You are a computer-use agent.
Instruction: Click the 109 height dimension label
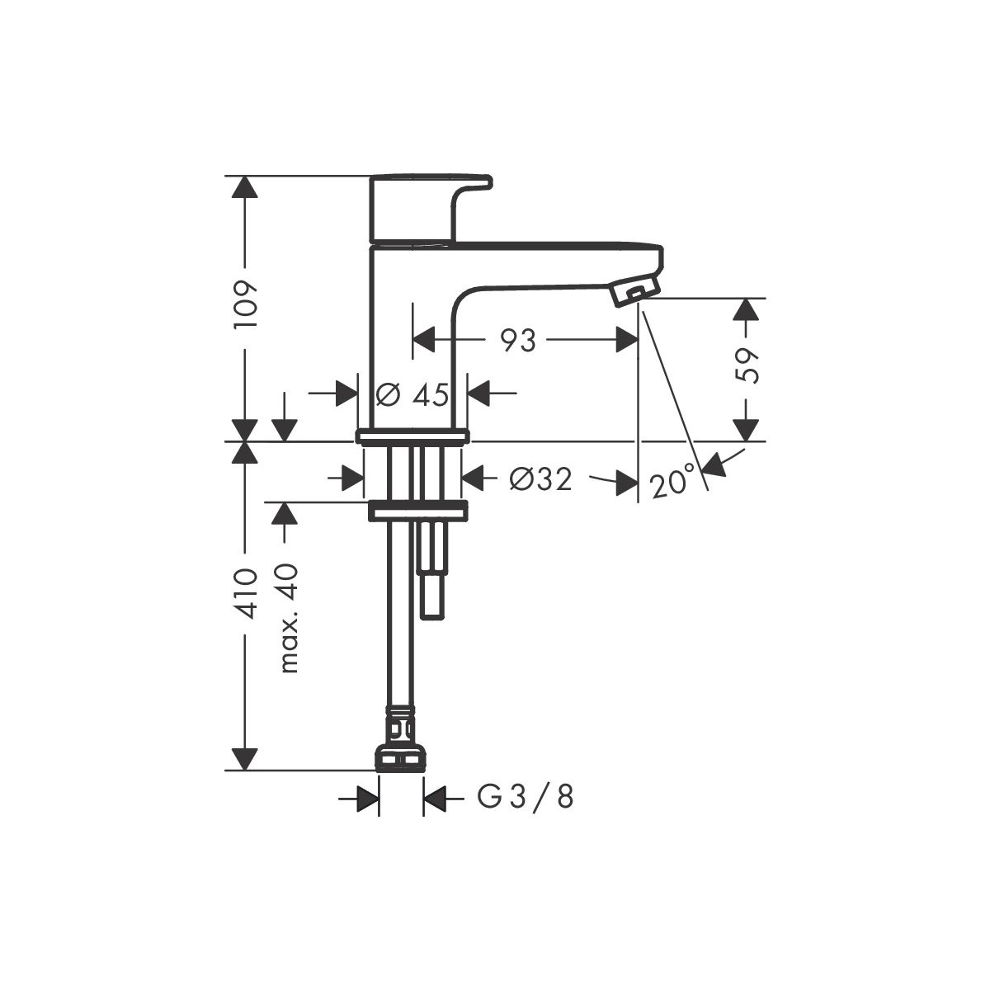[244, 305]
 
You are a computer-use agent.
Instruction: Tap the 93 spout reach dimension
[518, 340]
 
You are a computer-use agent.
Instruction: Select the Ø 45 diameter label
[412, 395]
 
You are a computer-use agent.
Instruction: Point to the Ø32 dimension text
[540, 480]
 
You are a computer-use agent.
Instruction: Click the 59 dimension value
[747, 365]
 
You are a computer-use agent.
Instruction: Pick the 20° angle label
[673, 481]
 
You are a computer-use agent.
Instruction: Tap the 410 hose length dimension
[244, 593]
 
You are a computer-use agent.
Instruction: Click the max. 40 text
[290, 619]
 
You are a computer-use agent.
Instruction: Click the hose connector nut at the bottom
[401, 770]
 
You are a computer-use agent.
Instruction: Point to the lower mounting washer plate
[417, 511]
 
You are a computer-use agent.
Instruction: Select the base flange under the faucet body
[412, 436]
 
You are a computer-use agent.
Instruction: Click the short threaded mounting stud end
[431, 593]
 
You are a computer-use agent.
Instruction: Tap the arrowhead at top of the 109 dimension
[244, 187]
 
